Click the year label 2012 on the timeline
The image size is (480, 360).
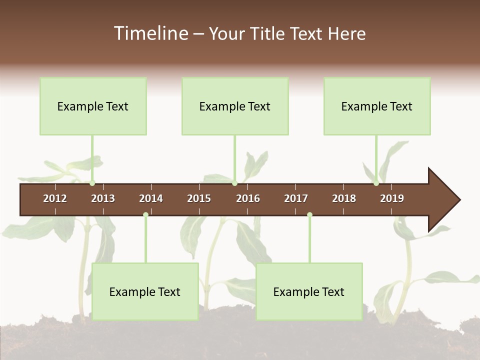coord(55,198)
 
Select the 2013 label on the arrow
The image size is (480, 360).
coord(103,198)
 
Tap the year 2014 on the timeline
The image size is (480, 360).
coord(151,198)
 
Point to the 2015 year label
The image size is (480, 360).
coord(199,198)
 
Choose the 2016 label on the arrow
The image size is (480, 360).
coord(248,198)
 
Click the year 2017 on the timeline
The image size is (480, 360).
coord(296,198)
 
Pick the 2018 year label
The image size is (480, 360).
coord(344,198)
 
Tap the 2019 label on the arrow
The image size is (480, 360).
coord(392,198)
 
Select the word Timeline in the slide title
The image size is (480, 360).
coord(150,33)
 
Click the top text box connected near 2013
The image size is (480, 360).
coord(93,106)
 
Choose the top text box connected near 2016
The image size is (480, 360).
coord(235,106)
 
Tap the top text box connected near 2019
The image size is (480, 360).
coord(377,106)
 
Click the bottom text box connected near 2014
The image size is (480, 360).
coord(145,291)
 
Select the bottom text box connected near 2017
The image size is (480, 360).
coord(309,291)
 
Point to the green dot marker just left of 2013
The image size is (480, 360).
coord(92,183)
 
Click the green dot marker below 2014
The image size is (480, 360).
coord(145,215)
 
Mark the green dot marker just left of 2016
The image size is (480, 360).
coord(234,183)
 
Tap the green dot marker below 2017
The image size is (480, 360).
coord(309,215)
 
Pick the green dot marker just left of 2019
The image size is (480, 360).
coord(376,183)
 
